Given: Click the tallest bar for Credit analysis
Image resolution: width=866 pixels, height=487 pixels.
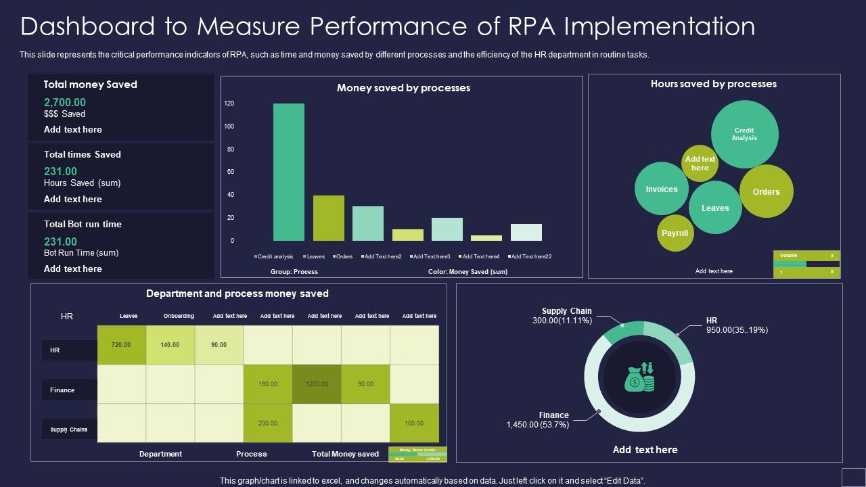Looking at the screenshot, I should click(x=289, y=172).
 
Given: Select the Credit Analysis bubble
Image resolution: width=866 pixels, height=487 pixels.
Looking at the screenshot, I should click(x=744, y=134).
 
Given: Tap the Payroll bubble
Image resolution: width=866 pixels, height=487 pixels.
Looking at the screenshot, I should click(x=675, y=233).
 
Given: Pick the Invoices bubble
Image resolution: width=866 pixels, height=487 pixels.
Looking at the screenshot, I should click(x=661, y=189).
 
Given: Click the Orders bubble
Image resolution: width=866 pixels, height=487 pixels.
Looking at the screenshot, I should click(x=766, y=191).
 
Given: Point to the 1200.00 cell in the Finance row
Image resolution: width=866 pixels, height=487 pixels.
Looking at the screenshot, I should click(x=316, y=384).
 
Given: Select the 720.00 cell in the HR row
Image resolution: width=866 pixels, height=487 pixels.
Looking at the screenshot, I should click(x=121, y=345).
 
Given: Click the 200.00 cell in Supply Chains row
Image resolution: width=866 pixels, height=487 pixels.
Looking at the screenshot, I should click(x=268, y=423).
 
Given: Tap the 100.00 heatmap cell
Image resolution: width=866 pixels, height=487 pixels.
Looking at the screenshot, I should click(x=414, y=423).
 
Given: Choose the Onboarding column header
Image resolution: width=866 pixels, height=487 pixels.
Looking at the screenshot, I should click(x=179, y=316).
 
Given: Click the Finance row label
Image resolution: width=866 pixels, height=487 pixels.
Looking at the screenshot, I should click(x=62, y=390).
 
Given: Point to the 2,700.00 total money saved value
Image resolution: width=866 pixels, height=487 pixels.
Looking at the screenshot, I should click(x=65, y=102).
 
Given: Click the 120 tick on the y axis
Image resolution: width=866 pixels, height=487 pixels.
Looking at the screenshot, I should click(x=229, y=103).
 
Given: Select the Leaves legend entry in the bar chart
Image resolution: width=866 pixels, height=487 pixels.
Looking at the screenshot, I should click(x=314, y=257).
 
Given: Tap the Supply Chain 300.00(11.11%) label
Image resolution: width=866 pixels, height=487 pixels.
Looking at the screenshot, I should click(x=562, y=316).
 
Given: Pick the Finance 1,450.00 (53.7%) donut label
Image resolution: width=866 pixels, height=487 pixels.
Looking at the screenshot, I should click(x=539, y=420).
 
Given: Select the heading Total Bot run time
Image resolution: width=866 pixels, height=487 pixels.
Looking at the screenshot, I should click(x=83, y=224).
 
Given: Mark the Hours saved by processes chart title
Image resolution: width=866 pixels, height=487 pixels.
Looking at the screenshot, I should click(x=713, y=84).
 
